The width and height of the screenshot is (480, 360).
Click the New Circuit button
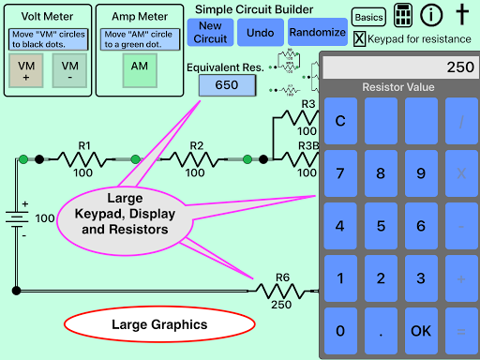tap(211, 32)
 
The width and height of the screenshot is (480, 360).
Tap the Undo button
tap(261, 32)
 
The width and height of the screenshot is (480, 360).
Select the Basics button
tap(367, 17)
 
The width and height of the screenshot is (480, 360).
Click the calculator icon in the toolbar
tap(403, 16)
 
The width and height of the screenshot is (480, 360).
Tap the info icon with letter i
tap(431, 16)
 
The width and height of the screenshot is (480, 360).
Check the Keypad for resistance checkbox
tap(360, 38)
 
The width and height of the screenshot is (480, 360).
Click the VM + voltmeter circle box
tap(26, 70)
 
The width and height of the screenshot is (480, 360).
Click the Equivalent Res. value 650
tap(226, 85)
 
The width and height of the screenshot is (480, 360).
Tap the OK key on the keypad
tap(421, 331)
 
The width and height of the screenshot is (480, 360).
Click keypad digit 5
tap(381, 226)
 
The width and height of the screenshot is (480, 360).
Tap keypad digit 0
tap(339, 331)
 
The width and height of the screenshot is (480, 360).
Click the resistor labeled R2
tap(197, 159)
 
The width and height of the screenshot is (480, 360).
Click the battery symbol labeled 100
tap(16, 218)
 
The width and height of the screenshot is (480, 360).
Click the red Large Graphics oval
tap(159, 325)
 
